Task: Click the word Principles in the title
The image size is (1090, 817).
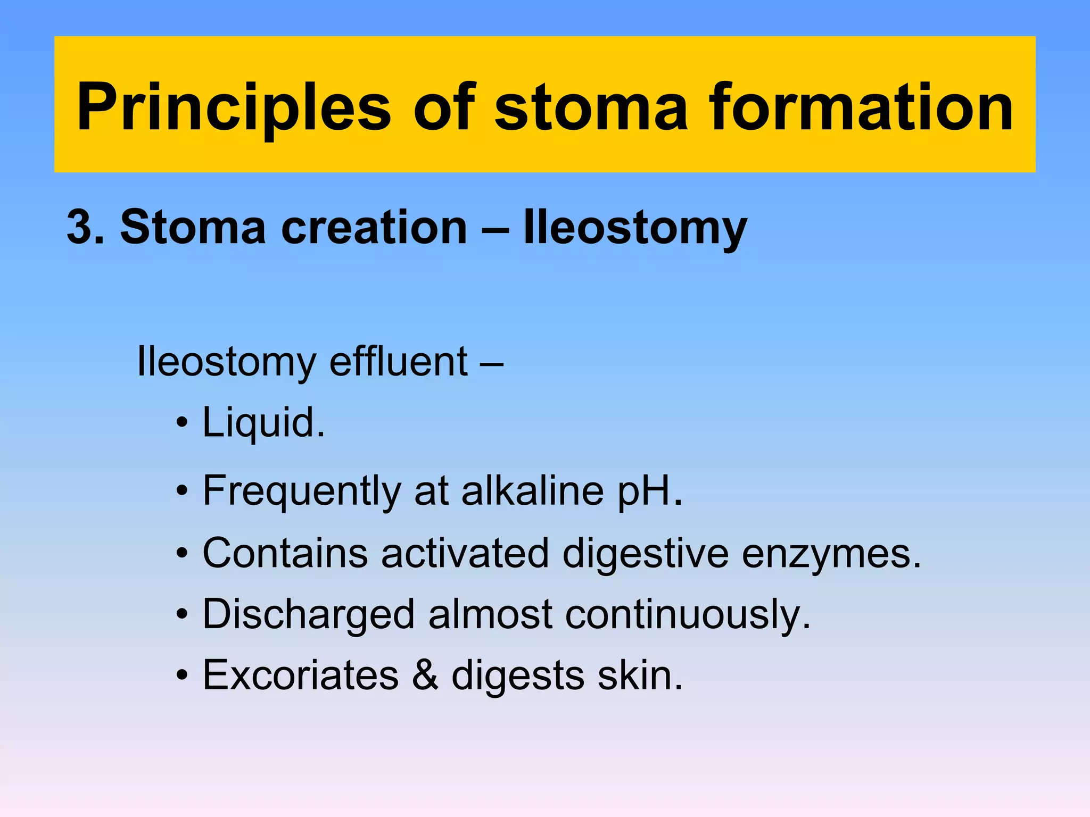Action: click(x=234, y=107)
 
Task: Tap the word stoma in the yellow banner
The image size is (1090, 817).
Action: click(x=591, y=107)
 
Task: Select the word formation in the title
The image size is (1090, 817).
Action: click(x=861, y=107)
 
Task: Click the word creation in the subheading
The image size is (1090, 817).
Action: click(x=374, y=228)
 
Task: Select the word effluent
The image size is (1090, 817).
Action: click(x=399, y=362)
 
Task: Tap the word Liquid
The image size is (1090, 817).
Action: click(x=263, y=423)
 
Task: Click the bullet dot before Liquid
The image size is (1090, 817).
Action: click(x=182, y=423)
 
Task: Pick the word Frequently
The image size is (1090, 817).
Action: click(x=302, y=491)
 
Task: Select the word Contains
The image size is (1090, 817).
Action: click(x=285, y=553)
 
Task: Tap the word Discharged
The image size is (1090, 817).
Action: click(x=309, y=615)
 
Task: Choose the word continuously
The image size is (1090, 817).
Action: click(x=687, y=615)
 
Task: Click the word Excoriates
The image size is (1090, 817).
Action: click(x=301, y=676)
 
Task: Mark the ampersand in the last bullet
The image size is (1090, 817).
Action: click(x=425, y=676)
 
